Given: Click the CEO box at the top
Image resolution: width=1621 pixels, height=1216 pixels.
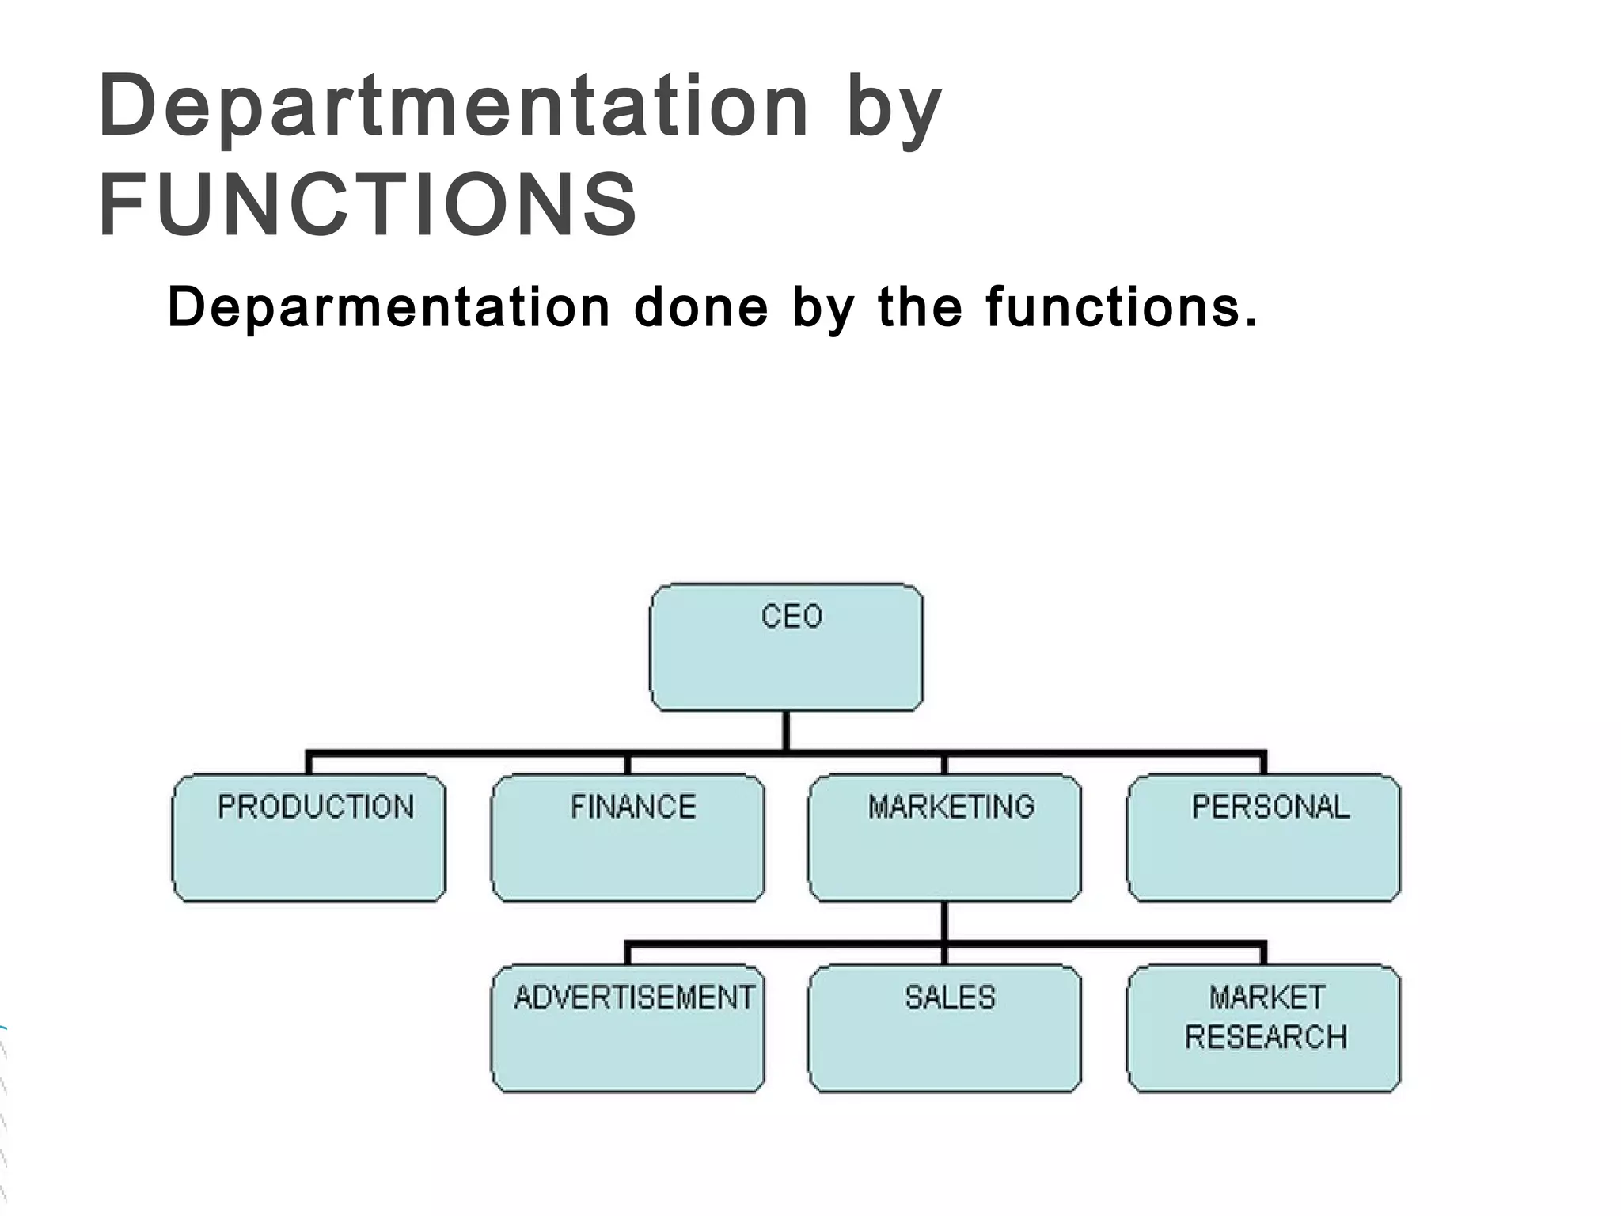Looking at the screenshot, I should [x=786, y=647].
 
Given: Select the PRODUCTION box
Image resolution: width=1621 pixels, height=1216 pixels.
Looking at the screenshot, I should [x=309, y=838].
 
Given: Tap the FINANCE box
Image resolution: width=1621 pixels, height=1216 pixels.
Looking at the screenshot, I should [x=628, y=838].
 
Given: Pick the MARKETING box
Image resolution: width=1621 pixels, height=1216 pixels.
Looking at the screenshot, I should [x=944, y=838].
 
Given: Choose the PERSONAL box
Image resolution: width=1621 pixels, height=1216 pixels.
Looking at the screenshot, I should [x=1263, y=838].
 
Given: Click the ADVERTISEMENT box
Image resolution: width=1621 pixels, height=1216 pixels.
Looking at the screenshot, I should [x=628, y=1028].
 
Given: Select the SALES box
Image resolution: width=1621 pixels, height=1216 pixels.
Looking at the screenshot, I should [x=944, y=1028].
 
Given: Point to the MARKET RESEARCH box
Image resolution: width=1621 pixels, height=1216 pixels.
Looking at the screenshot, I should [x=1263, y=1028].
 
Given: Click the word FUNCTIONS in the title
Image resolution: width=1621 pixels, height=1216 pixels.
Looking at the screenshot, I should [x=368, y=203].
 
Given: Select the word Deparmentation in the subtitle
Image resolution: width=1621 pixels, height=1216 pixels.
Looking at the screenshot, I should [x=388, y=307].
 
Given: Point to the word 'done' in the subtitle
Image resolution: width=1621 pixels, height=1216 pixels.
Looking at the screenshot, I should [x=700, y=307].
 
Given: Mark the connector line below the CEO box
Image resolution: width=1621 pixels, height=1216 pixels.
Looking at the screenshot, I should [x=785, y=730].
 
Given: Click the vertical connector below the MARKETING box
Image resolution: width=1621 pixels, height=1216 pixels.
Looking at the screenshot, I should [x=944, y=922].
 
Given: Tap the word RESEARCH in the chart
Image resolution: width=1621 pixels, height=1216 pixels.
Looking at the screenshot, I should [x=1265, y=1036].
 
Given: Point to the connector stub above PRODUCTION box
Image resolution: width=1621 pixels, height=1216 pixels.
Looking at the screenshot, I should [x=309, y=763].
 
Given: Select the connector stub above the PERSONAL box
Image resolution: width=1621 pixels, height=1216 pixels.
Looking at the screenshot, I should [x=1263, y=763].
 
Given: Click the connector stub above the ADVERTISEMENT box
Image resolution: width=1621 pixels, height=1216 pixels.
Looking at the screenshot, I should [x=628, y=954].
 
